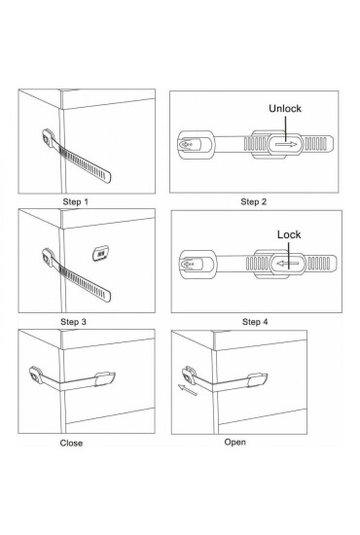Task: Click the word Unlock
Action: [x=285, y=109]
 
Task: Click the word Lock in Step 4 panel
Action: [x=289, y=234]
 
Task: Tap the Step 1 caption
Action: [x=76, y=201]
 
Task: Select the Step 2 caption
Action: [x=254, y=201]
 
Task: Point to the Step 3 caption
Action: [x=73, y=322]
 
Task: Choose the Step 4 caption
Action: [x=255, y=322]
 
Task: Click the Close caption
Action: [x=71, y=443]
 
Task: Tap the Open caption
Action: [x=235, y=442]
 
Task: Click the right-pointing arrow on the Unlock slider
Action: [x=286, y=145]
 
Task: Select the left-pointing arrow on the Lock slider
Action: [x=288, y=264]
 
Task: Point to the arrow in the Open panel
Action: [x=188, y=390]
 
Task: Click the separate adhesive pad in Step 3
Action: [x=100, y=254]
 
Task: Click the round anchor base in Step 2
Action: [x=196, y=145]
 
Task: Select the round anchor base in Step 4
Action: [x=198, y=264]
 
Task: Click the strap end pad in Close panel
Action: [x=105, y=378]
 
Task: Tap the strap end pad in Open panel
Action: [x=257, y=380]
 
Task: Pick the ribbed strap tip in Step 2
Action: [x=318, y=144]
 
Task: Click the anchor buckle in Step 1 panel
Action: [x=48, y=137]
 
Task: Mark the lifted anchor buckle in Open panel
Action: [x=189, y=375]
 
